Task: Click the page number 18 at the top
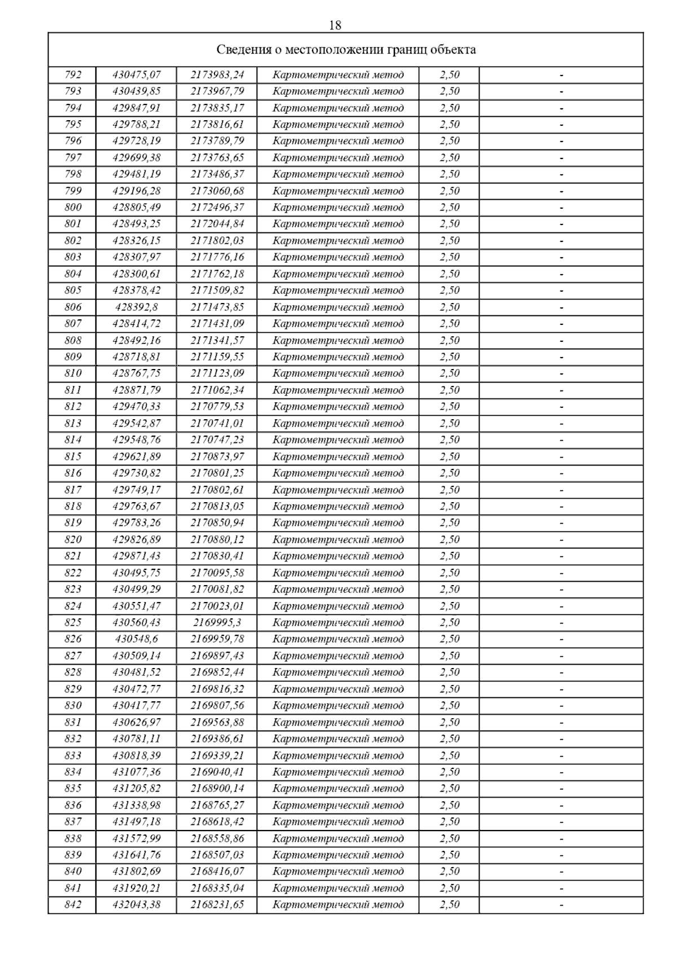335,25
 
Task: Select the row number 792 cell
73,75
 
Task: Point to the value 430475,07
137,75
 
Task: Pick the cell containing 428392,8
137,307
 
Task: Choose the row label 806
73,307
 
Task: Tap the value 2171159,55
217,357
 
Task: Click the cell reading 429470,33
137,407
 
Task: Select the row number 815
73,457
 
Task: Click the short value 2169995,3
217,623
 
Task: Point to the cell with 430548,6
137,639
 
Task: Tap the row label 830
73,706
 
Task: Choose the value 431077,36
137,772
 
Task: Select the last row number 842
73,905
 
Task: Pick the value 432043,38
137,905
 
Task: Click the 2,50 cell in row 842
450,905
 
